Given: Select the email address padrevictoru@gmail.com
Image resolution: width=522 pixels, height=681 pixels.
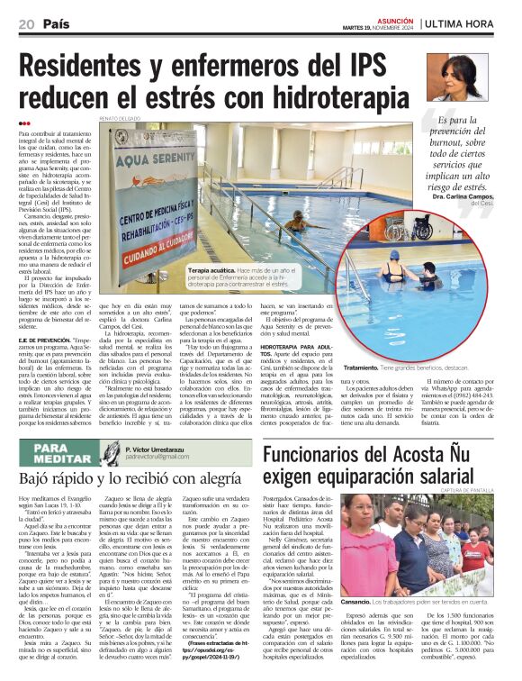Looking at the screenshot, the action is [x=157, y=457].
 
